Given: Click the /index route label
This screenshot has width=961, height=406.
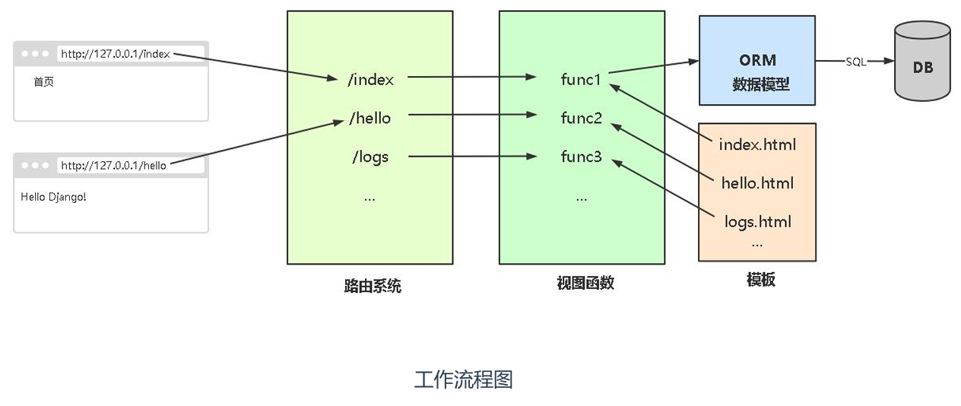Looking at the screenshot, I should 370,78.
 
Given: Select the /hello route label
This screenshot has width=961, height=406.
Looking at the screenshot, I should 369,118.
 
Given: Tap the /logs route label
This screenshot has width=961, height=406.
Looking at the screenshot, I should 369,157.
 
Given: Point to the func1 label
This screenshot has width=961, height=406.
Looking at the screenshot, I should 582,79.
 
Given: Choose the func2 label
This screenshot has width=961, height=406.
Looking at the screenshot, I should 582,118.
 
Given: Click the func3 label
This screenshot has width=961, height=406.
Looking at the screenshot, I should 582,157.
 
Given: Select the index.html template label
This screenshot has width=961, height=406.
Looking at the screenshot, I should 757,144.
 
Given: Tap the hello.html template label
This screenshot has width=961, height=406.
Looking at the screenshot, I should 757,182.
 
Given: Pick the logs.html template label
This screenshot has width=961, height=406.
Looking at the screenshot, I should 757,222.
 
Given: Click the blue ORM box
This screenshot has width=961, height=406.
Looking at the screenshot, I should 757,61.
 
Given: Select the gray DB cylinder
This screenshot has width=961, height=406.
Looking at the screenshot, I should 922,62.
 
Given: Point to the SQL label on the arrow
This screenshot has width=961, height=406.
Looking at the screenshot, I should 856,62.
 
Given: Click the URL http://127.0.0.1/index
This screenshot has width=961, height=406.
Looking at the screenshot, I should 116,54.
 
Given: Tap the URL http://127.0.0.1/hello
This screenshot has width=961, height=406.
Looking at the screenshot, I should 113,165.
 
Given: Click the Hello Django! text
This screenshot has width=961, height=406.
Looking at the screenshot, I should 53,197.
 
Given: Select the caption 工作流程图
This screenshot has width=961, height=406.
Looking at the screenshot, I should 463,379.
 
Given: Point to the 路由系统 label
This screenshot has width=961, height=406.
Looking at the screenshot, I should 372,287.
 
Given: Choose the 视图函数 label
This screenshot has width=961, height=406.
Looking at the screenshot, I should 585,284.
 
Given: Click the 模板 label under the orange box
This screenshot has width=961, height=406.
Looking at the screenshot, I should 760,279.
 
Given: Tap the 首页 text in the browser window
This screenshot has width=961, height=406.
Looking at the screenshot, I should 43,82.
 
